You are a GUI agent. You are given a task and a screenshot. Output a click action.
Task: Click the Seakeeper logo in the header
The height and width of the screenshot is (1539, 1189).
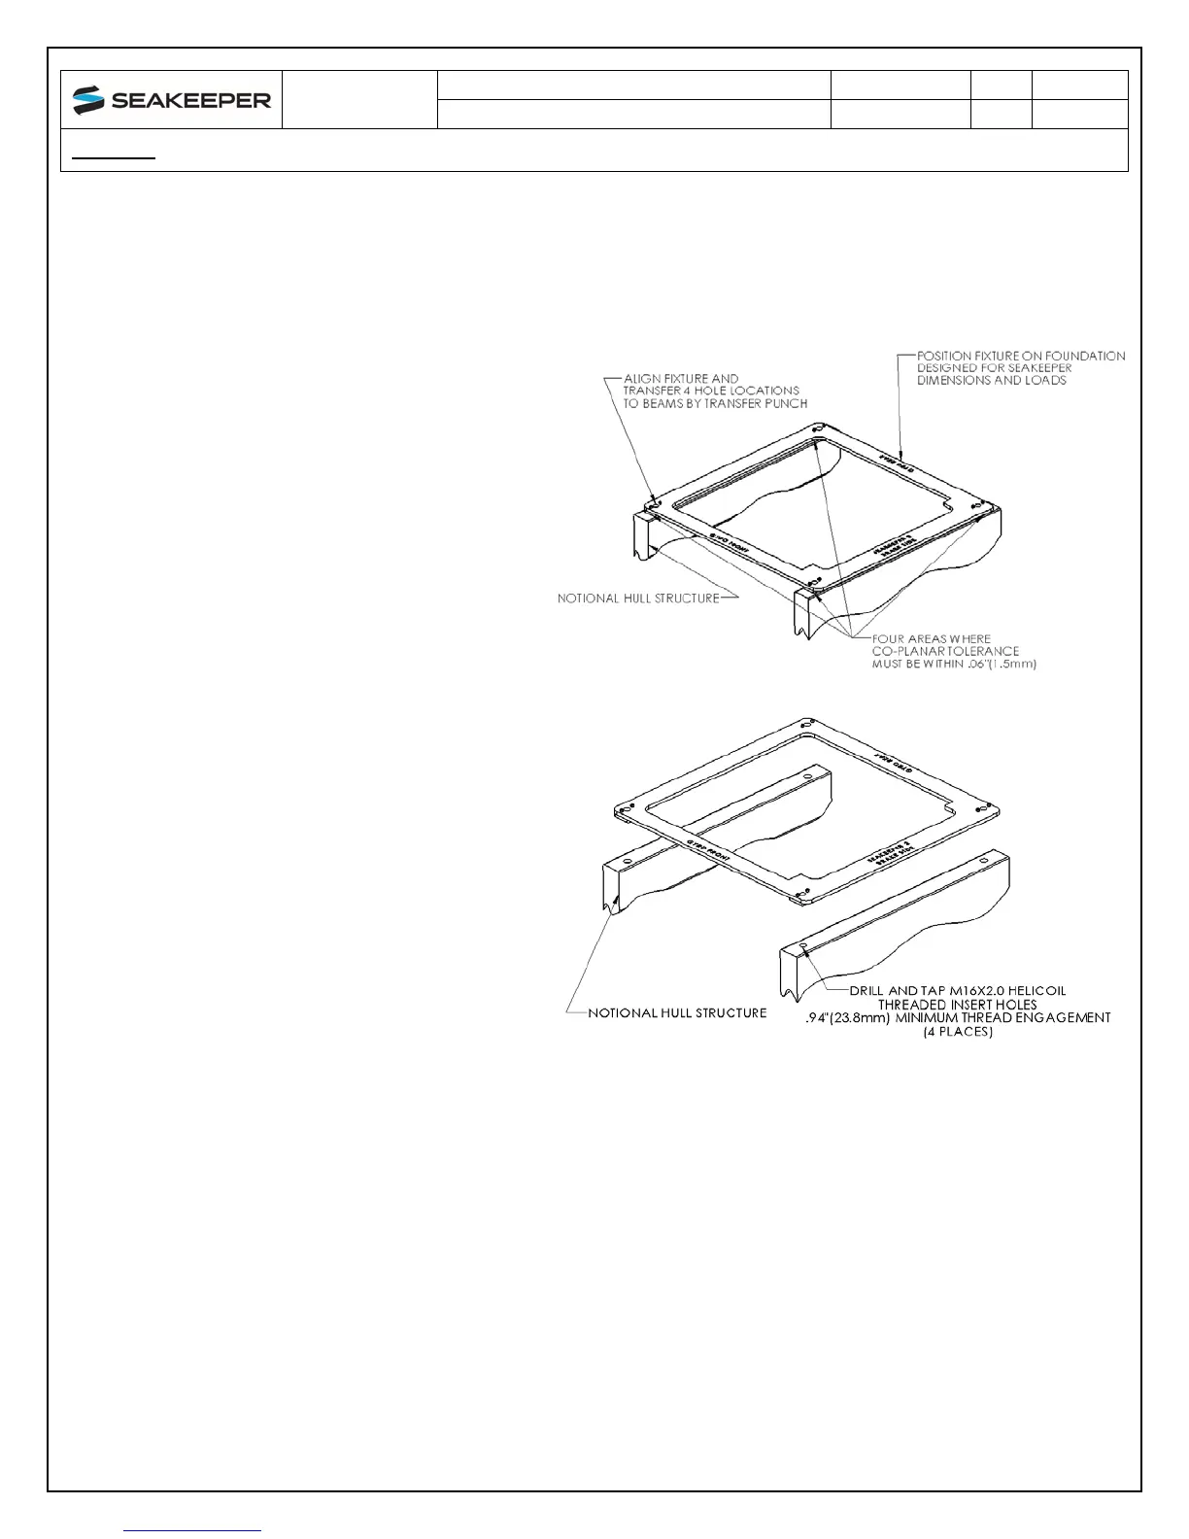(x=172, y=99)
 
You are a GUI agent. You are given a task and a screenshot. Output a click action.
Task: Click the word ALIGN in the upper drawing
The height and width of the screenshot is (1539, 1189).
(x=642, y=379)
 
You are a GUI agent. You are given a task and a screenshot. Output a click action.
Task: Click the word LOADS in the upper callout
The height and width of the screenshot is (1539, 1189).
(x=1046, y=381)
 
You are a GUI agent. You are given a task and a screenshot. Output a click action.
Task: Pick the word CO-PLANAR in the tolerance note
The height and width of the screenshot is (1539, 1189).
(x=910, y=652)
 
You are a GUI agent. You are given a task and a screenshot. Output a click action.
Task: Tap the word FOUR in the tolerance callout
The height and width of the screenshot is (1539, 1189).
(x=890, y=639)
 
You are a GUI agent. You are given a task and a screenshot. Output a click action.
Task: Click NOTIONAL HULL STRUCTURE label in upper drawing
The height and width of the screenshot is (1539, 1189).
(x=638, y=598)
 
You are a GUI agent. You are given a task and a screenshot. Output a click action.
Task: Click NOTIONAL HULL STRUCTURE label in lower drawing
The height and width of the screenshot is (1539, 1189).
(x=677, y=1013)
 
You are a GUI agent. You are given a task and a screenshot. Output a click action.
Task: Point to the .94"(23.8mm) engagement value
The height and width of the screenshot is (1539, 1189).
(x=849, y=1018)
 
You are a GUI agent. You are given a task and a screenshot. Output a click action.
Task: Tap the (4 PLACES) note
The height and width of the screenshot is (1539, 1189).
(x=958, y=1032)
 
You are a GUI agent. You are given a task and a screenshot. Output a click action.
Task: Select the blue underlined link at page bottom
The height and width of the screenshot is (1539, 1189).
(x=193, y=1530)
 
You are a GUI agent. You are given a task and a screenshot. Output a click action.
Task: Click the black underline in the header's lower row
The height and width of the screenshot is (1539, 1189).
(x=114, y=156)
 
